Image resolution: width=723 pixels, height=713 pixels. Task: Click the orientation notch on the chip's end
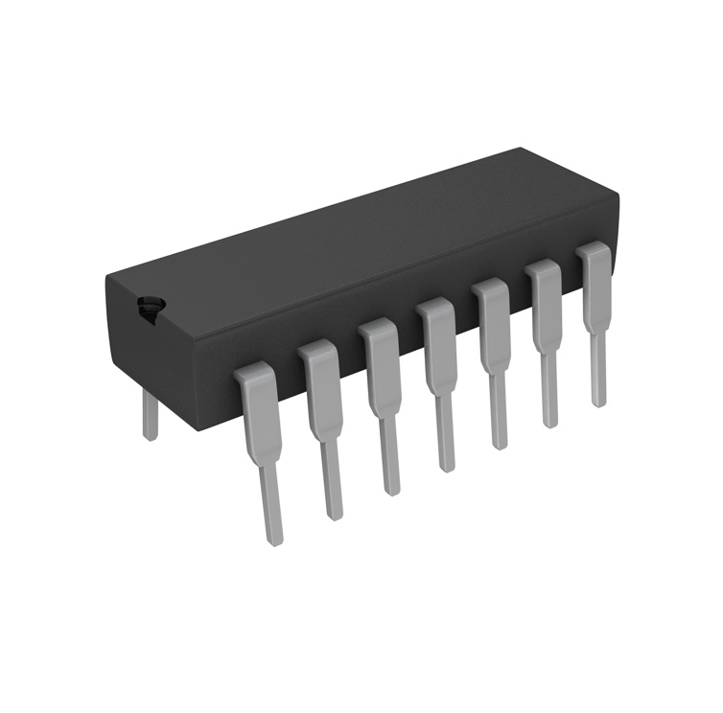tap(149, 307)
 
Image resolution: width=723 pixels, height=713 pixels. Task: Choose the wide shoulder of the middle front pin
tap(436, 332)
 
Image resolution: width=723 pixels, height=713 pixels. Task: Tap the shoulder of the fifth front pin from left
tap(492, 312)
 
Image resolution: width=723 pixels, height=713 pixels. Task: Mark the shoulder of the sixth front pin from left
tap(545, 293)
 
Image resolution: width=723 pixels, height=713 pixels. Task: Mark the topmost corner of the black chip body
tap(521, 149)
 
